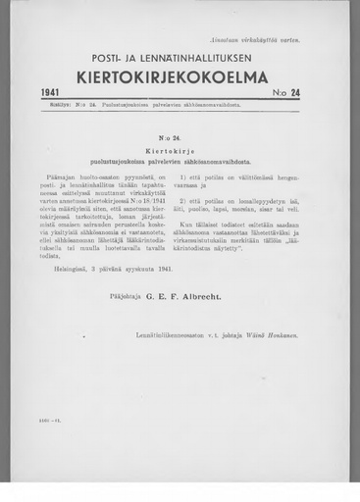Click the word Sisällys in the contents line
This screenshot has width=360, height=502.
click(54, 104)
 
